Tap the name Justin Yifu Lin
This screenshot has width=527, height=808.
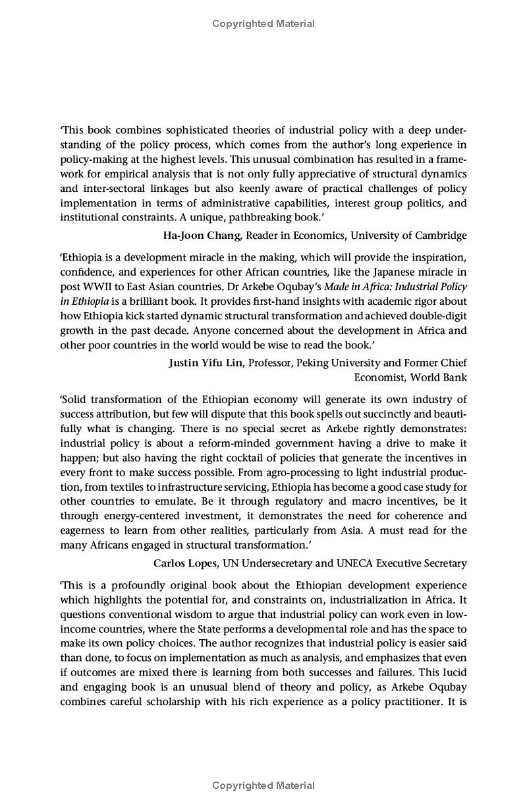(206, 362)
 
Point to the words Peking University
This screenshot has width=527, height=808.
(337, 362)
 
